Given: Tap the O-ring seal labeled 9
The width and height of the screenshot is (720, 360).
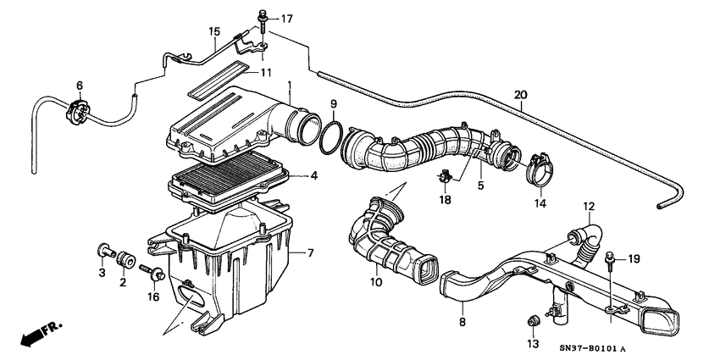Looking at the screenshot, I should click(x=332, y=139).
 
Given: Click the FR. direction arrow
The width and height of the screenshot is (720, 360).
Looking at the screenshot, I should click(x=32, y=335).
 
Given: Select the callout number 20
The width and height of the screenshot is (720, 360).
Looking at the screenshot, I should click(x=520, y=94).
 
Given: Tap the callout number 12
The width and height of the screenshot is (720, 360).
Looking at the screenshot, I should click(x=589, y=206).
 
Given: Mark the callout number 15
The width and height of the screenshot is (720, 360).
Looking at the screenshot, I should click(x=215, y=32).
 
